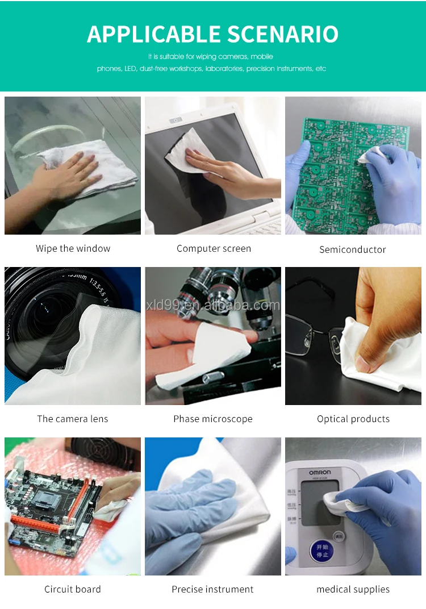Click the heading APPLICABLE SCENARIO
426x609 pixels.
[212, 34]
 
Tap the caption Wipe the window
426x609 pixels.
[73, 248]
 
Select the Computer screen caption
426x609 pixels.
[214, 248]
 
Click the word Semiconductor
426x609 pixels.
[352, 249]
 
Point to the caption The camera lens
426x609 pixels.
[72, 419]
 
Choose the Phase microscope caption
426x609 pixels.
[213, 419]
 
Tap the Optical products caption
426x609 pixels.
[353, 419]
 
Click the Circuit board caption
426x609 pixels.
[72, 589]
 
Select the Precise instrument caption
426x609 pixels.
[212, 589]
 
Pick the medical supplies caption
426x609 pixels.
[353, 589]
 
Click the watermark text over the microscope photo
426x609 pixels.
[213, 306]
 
